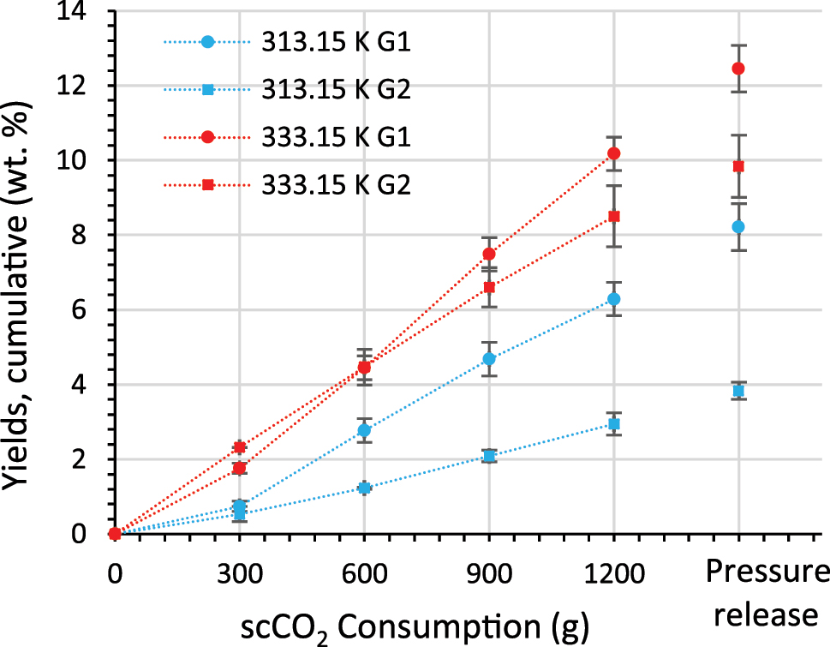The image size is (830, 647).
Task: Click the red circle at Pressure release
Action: pyautogui.click(x=738, y=69)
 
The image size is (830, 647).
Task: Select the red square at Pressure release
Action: pyautogui.click(x=738, y=166)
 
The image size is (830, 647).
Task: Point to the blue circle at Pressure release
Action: pyautogui.click(x=738, y=226)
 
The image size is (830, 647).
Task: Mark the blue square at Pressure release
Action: pyautogui.click(x=738, y=391)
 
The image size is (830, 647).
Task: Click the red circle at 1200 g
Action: pyautogui.click(x=613, y=153)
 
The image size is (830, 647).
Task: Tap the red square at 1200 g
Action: pyautogui.click(x=613, y=217)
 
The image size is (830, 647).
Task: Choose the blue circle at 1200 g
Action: pyautogui.click(x=613, y=299)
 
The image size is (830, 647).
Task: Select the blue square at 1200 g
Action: pyautogui.click(x=613, y=424)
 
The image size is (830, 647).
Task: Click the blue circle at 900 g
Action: pyautogui.click(x=489, y=358)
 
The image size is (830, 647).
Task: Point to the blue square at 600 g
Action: pyautogui.click(x=364, y=488)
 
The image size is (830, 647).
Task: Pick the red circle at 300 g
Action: pyautogui.click(x=240, y=446)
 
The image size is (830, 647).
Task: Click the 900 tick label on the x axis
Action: pyautogui.click(x=489, y=573)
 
